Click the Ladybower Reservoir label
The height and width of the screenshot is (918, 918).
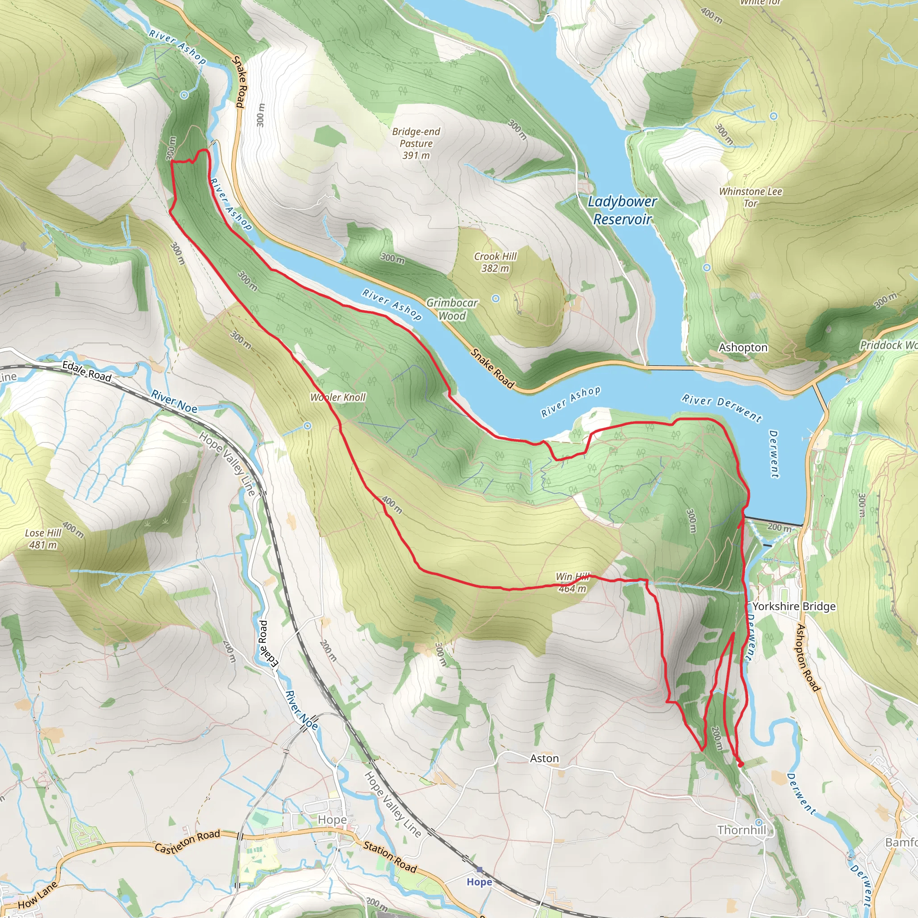click(x=622, y=210)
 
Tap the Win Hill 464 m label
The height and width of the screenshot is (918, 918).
click(x=572, y=583)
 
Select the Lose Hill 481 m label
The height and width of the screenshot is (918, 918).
click(x=43, y=539)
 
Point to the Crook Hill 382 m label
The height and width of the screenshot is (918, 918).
click(x=495, y=262)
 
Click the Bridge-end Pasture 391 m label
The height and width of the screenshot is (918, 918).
click(x=416, y=143)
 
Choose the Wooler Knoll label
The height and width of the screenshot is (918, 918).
click(x=338, y=397)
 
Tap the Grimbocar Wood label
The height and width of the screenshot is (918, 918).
click(x=452, y=309)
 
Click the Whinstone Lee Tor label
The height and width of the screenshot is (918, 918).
click(x=750, y=197)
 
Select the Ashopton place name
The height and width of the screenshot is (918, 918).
click(x=743, y=347)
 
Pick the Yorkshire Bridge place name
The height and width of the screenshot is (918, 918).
click(x=793, y=606)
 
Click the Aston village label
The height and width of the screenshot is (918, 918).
click(x=544, y=758)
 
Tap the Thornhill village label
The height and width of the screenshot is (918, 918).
click(x=741, y=830)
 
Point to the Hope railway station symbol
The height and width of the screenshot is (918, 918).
click(x=480, y=870)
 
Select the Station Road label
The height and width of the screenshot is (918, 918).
click(x=390, y=857)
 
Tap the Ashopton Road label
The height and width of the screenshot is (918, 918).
click(x=808, y=658)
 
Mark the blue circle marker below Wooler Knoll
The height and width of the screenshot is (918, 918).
click(x=307, y=426)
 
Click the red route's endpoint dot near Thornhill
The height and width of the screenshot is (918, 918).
click(x=740, y=764)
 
